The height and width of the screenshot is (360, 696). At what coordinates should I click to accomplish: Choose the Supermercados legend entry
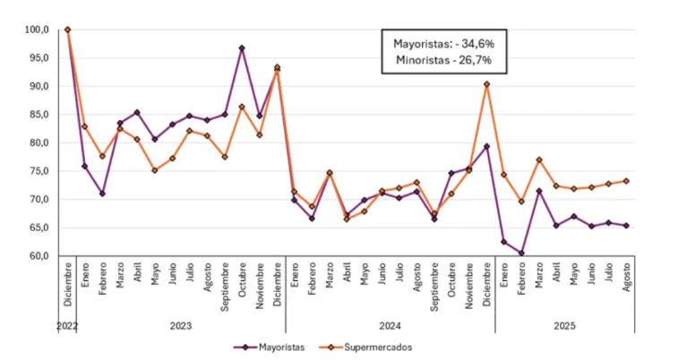tap(373, 347)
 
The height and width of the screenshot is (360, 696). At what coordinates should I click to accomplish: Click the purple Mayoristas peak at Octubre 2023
tap(242, 47)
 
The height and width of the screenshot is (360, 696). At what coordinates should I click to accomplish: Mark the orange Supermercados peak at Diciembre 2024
tap(486, 84)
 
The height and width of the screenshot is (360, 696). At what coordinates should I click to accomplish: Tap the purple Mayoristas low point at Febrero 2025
tap(521, 253)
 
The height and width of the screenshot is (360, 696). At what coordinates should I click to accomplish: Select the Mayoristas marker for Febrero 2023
tap(102, 193)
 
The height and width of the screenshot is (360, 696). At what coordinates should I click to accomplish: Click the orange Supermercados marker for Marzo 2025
tap(539, 159)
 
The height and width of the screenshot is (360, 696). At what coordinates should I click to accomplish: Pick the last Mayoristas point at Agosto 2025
tap(626, 226)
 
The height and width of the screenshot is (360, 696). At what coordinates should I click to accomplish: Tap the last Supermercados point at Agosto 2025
tap(626, 181)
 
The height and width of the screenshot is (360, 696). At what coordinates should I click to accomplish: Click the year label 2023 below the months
tap(181, 325)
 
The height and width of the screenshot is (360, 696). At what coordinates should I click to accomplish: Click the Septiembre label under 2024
tap(434, 285)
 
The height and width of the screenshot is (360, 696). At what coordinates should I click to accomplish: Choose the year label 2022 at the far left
tap(66, 325)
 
